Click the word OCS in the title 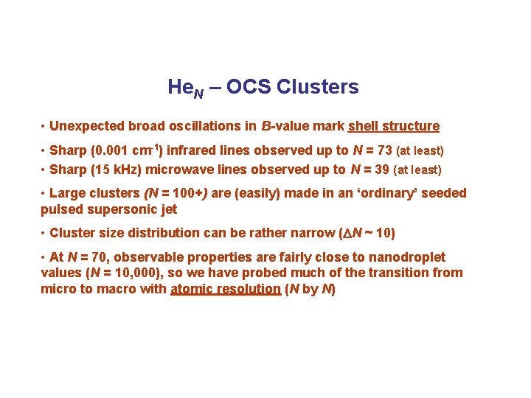pyautogui.click(x=250, y=87)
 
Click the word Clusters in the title pyautogui.click(x=318, y=87)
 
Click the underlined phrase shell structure pyautogui.click(x=393, y=126)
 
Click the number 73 pyautogui.click(x=384, y=150)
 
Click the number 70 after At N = pyautogui.click(x=105, y=258)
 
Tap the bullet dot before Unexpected pyautogui.click(x=44, y=127)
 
